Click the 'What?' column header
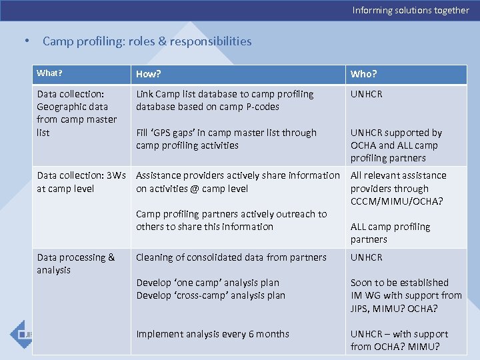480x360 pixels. pos(49,73)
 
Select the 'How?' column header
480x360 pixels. pos(149,74)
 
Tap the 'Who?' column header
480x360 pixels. pos(363,74)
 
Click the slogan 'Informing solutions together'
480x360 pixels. pos(411,10)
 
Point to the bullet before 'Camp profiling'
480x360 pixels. pos(26,41)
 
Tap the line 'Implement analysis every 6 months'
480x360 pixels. pos(213,334)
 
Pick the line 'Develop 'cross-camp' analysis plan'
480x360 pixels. pos(211,295)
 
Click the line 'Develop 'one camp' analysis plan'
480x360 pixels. pos(207,283)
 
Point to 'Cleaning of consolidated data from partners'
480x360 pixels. pos(231,257)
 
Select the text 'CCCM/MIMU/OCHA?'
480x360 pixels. pos(397,201)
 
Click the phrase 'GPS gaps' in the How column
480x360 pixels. pos(179,133)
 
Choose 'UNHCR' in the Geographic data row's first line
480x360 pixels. pos(367,94)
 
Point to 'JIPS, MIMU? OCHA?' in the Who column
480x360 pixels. pos(394,309)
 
